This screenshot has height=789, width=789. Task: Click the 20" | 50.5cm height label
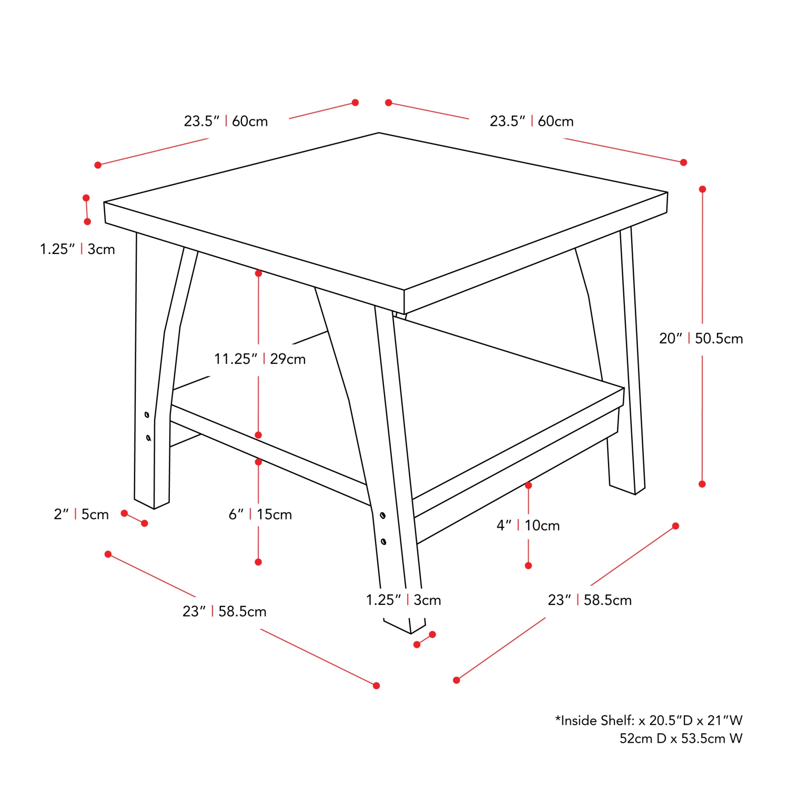point(701,338)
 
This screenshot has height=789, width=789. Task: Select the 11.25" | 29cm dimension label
point(260,359)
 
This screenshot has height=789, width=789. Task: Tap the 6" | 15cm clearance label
point(260,514)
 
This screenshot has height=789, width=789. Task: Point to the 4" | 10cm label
point(528,525)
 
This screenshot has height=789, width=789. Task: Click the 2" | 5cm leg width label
point(81,514)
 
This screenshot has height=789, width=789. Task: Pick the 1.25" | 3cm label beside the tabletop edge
point(77,249)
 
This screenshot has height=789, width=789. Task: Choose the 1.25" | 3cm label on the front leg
point(403,600)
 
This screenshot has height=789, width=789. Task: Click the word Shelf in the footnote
point(617,720)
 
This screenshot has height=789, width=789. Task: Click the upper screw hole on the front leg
point(382,515)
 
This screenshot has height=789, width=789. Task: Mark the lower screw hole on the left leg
point(148,438)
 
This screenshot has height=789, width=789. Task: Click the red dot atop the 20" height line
point(702,189)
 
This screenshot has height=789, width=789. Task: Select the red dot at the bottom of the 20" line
point(702,484)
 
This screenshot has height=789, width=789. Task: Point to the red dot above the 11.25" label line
point(258,274)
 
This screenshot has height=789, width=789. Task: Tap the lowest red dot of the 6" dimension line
point(258,562)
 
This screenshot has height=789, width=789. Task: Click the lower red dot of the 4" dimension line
point(528,565)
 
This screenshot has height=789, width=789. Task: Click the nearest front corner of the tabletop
point(404,302)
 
